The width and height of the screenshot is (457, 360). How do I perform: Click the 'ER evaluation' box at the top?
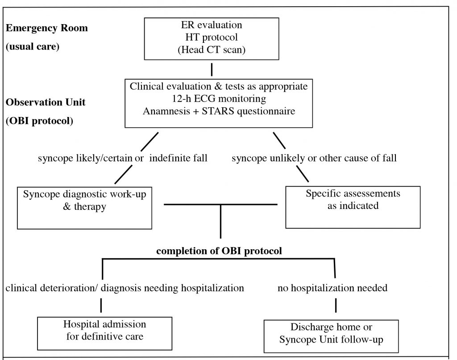click(212, 39)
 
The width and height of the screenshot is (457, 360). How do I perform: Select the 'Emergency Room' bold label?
click(46, 28)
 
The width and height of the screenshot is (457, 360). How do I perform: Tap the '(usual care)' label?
click(33, 46)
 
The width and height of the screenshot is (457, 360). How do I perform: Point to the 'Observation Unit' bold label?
click(46, 102)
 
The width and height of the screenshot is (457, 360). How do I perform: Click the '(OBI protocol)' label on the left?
click(39, 121)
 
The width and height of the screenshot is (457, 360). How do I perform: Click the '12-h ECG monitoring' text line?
click(219, 99)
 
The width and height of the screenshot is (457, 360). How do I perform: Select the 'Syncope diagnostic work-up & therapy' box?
click(84, 208)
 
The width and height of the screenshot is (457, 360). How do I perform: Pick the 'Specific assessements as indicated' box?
click(353, 207)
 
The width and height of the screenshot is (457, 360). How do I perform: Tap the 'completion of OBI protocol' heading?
click(219, 251)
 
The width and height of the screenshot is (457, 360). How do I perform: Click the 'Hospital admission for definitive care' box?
click(104, 334)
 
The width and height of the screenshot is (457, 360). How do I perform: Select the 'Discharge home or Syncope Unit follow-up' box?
click(331, 336)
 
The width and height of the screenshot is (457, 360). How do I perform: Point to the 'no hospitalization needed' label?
click(332, 288)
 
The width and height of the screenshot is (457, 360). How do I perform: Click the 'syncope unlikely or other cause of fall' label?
click(314, 158)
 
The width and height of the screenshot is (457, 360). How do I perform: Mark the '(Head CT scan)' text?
click(212, 50)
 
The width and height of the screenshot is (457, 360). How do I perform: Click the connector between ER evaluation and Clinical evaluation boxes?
click(212, 69)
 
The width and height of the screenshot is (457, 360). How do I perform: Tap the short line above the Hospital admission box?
click(101, 306)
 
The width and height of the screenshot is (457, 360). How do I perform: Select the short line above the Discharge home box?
click(336, 306)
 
